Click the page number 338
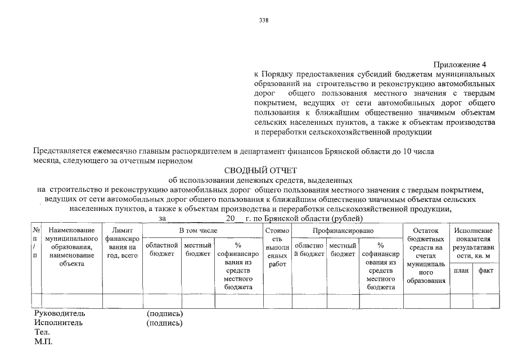tap(263, 21)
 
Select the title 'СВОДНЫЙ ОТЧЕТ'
tap(260, 171)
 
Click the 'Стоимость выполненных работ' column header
tap(277, 251)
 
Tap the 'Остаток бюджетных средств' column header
tap(425, 256)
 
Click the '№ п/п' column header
tap(36, 244)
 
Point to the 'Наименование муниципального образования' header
tap(71, 247)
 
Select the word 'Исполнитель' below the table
tap(58, 323)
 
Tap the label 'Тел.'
tap(42, 332)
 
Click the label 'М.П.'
tap(43, 341)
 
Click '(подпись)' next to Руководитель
tap(164, 313)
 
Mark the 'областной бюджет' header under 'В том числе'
tap(162, 250)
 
